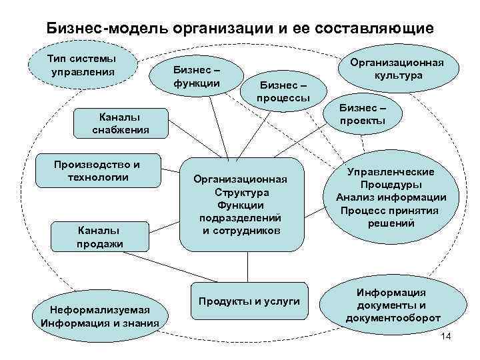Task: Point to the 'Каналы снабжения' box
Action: pos(121,123)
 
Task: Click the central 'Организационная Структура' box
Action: pos(240,205)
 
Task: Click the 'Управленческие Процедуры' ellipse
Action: pos(391,198)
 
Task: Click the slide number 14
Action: pos(447,340)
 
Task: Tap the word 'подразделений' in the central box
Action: pos(240,218)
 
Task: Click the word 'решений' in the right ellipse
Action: pos(391,223)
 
